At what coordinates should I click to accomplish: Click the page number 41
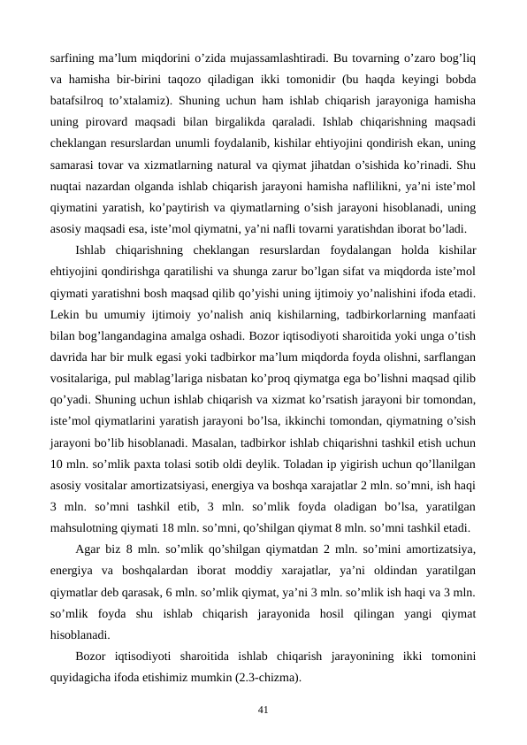[263, 709]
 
